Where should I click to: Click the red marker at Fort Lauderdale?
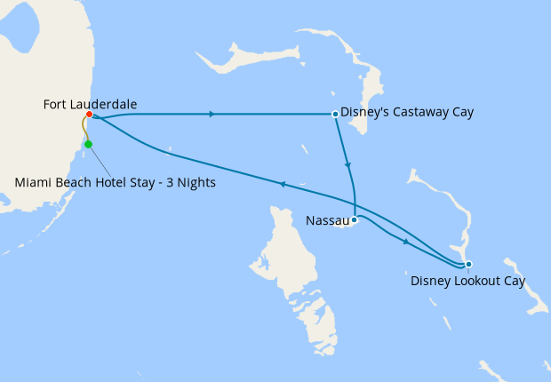90,114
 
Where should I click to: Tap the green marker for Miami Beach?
88,144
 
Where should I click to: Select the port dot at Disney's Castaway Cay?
334,114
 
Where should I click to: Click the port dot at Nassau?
354,219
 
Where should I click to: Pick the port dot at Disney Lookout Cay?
468,264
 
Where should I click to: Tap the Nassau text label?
327,219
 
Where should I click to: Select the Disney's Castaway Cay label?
407,113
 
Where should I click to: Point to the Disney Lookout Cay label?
467,282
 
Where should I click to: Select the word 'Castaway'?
415,113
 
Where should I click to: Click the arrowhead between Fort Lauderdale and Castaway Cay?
211,114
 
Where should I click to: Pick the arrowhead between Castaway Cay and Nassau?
347,165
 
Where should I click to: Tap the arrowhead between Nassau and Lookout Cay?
406,242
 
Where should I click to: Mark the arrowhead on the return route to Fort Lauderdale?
282,184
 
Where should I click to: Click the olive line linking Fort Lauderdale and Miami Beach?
84,130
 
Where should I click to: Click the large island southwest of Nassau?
293,267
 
